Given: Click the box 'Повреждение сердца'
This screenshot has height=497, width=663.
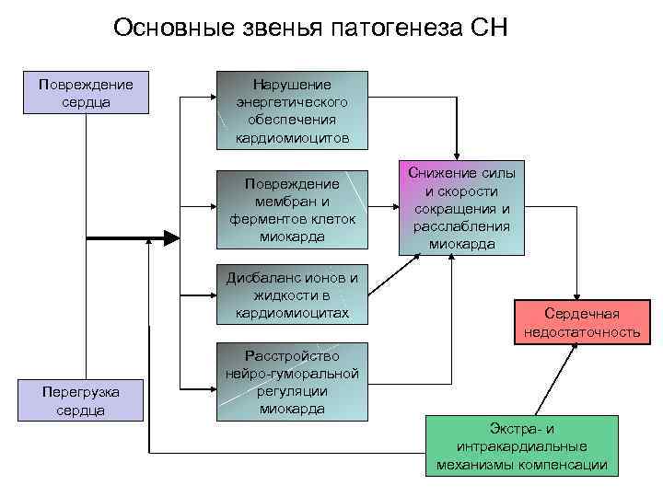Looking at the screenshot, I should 86,93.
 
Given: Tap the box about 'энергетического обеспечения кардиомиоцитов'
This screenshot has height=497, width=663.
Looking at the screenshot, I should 292,110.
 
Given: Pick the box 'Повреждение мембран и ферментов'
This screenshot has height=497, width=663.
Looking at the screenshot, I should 292,209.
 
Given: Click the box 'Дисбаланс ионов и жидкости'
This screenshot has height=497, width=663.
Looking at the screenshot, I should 292,295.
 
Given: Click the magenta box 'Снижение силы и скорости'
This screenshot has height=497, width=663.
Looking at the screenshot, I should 462,208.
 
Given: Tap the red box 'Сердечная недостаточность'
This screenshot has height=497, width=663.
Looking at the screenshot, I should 581,322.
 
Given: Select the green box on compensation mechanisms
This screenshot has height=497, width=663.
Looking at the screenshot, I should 522,446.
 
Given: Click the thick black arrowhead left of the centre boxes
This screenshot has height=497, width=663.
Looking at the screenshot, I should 172,237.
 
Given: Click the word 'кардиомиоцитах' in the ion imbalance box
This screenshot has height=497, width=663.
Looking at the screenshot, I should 292,312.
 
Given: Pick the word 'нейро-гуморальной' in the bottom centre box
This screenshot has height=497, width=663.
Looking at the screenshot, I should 292,374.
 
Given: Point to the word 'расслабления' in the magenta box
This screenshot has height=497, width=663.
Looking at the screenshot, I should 462,225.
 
